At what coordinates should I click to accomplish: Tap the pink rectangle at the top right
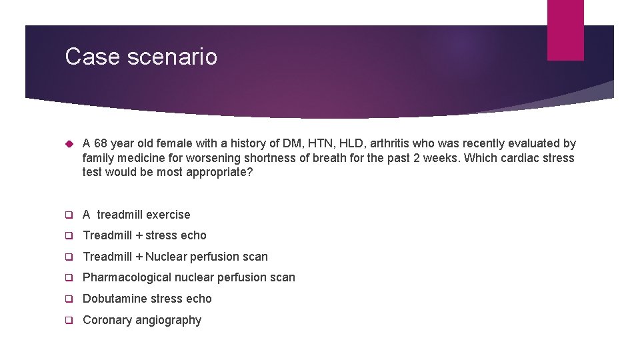[x=565, y=29]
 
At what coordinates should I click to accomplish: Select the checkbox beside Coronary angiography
[x=68, y=320]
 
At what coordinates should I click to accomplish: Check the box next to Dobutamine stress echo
[x=68, y=299]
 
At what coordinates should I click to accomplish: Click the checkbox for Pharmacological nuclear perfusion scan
[x=68, y=277]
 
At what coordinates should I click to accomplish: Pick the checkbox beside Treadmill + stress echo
[x=68, y=235]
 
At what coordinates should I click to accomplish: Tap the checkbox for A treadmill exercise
[x=68, y=215]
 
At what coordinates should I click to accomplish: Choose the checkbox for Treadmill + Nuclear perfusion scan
[x=68, y=257]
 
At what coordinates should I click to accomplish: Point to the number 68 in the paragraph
[x=101, y=143]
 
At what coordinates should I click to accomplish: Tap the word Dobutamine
[x=114, y=299]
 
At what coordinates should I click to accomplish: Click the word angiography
[x=168, y=320]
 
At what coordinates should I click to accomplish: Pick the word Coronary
[x=107, y=320]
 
